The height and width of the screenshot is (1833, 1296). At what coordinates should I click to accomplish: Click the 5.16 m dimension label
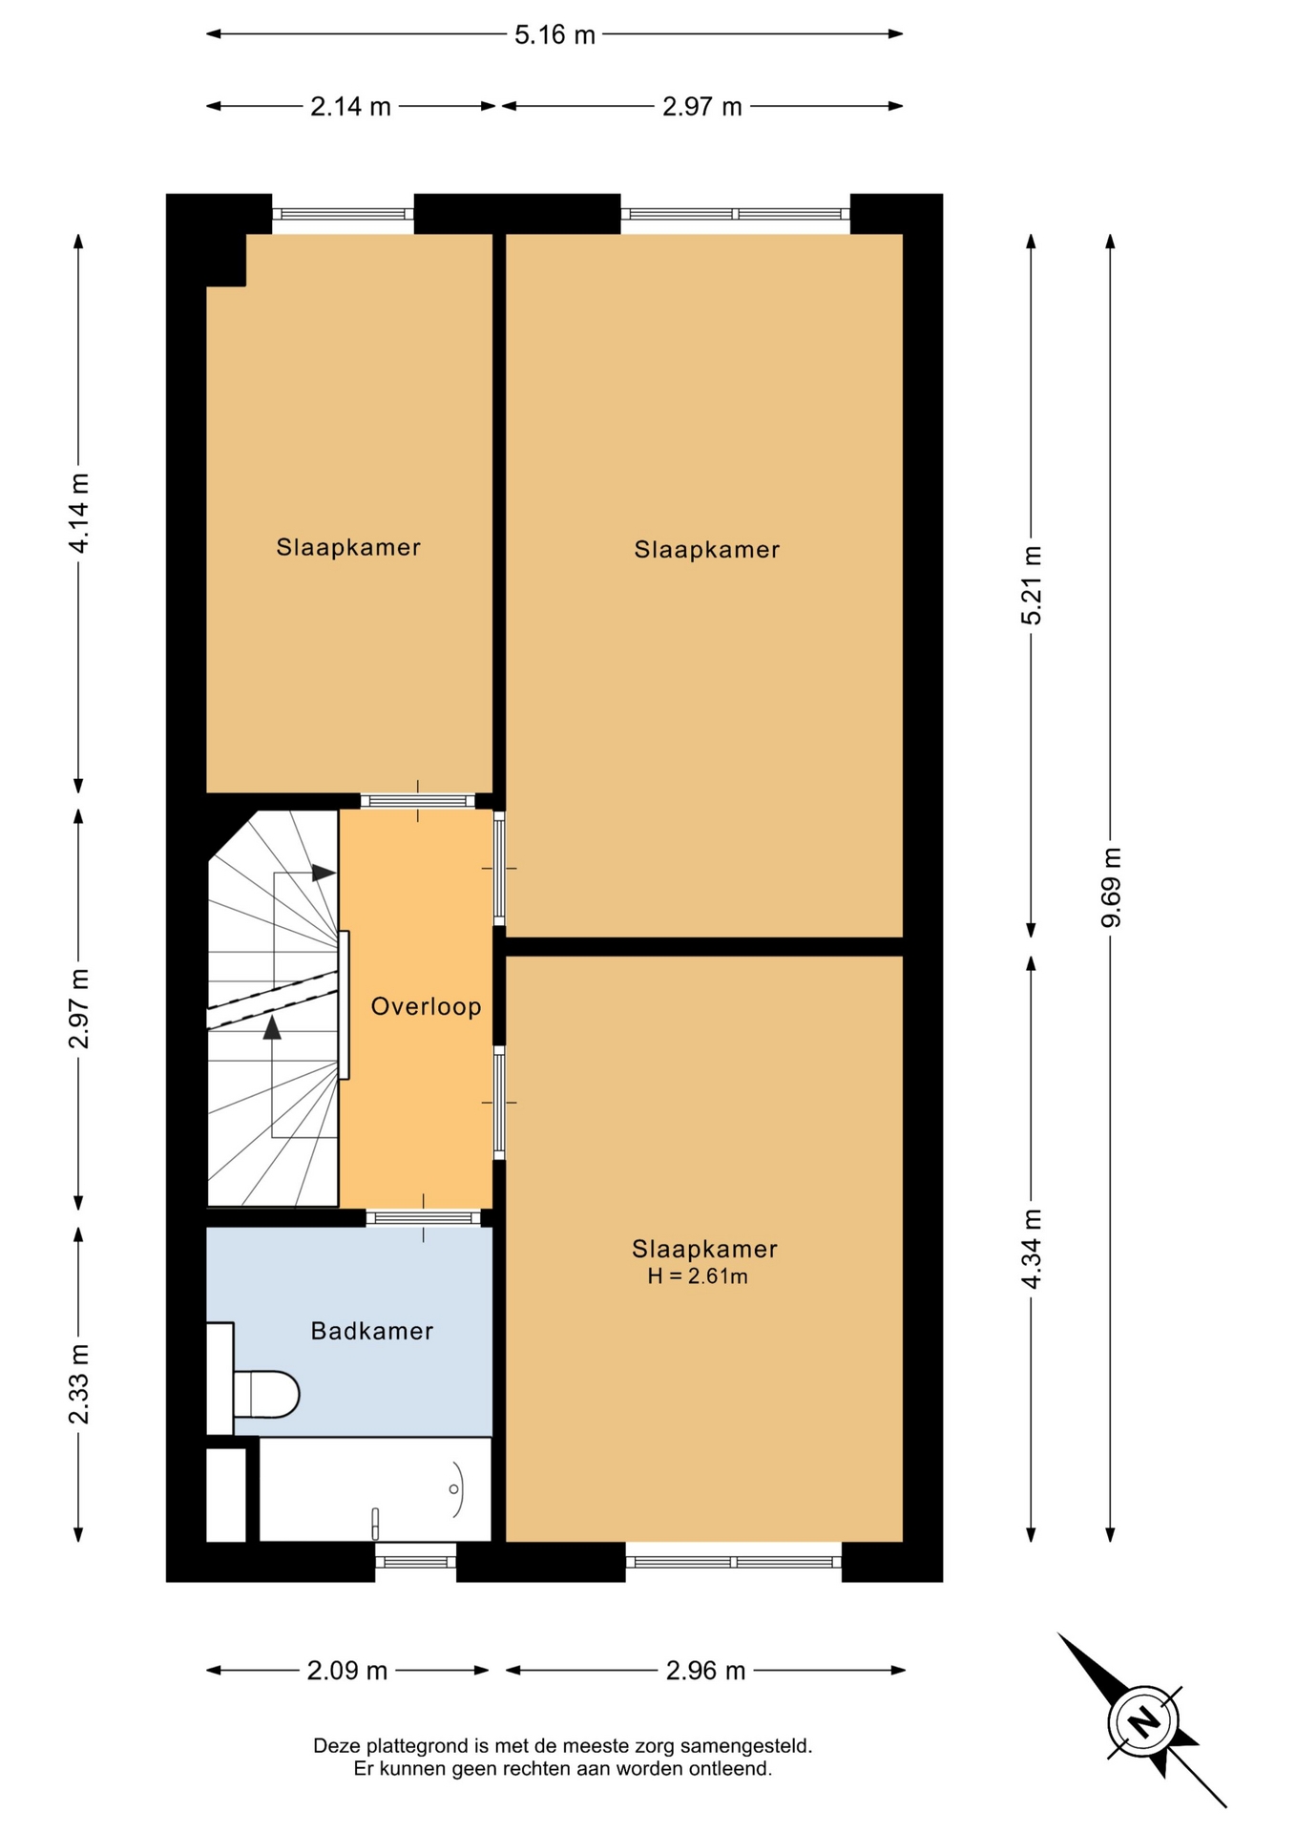[554, 35]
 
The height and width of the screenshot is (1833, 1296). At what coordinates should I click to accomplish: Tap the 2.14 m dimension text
[350, 107]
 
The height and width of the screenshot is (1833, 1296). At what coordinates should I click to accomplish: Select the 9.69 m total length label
[1111, 887]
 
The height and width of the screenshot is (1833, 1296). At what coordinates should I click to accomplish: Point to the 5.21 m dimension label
[1032, 585]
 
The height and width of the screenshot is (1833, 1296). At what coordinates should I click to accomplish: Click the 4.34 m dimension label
[1032, 1249]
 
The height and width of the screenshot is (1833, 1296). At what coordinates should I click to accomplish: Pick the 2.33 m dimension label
[78, 1383]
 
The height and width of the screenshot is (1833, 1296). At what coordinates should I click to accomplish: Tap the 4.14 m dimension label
[78, 513]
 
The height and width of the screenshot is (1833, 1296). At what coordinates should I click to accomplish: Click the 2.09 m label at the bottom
[347, 1671]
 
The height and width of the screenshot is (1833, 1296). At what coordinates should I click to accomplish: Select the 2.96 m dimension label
[705, 1671]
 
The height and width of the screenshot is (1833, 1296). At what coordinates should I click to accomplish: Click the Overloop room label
[426, 1006]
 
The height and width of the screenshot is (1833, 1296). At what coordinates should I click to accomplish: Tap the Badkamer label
[372, 1331]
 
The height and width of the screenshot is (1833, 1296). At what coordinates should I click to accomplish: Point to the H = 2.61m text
[698, 1276]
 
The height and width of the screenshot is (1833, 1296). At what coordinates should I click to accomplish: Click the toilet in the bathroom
[265, 1394]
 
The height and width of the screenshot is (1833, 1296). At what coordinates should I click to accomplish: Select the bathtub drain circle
[453, 1488]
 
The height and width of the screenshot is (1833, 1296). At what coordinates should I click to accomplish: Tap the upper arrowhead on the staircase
[324, 873]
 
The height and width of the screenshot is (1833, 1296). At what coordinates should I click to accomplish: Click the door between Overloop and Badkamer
[423, 1217]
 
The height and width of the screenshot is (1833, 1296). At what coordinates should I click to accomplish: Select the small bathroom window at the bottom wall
[415, 1562]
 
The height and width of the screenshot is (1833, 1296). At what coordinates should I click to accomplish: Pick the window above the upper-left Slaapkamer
[344, 214]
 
